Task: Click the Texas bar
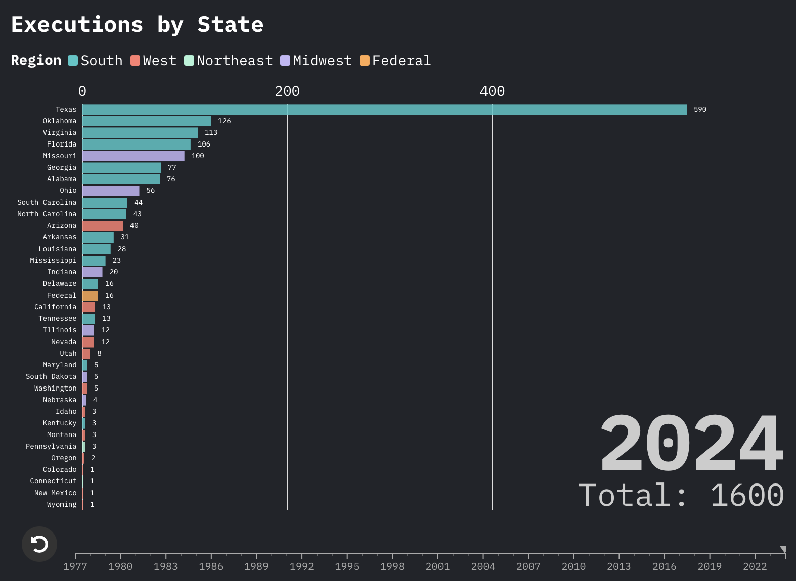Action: tap(384, 110)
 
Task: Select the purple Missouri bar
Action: tap(134, 156)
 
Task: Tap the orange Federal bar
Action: tap(91, 296)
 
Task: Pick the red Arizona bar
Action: tap(103, 226)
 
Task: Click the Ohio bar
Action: tap(111, 191)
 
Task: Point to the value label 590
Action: tap(700, 110)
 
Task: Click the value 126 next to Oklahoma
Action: tap(224, 121)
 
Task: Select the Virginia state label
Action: tap(60, 133)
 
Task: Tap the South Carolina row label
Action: tap(47, 203)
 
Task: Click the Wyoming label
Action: tap(62, 505)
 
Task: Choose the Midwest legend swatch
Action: tap(285, 61)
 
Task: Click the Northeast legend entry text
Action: tap(235, 61)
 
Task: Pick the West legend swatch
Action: tap(135, 61)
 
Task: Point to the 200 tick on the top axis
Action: tap(287, 91)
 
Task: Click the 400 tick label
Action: tap(492, 91)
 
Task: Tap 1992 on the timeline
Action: tap(302, 566)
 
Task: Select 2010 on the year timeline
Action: tap(573, 566)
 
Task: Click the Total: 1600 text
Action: tap(681, 495)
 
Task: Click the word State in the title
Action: tap(231, 25)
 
